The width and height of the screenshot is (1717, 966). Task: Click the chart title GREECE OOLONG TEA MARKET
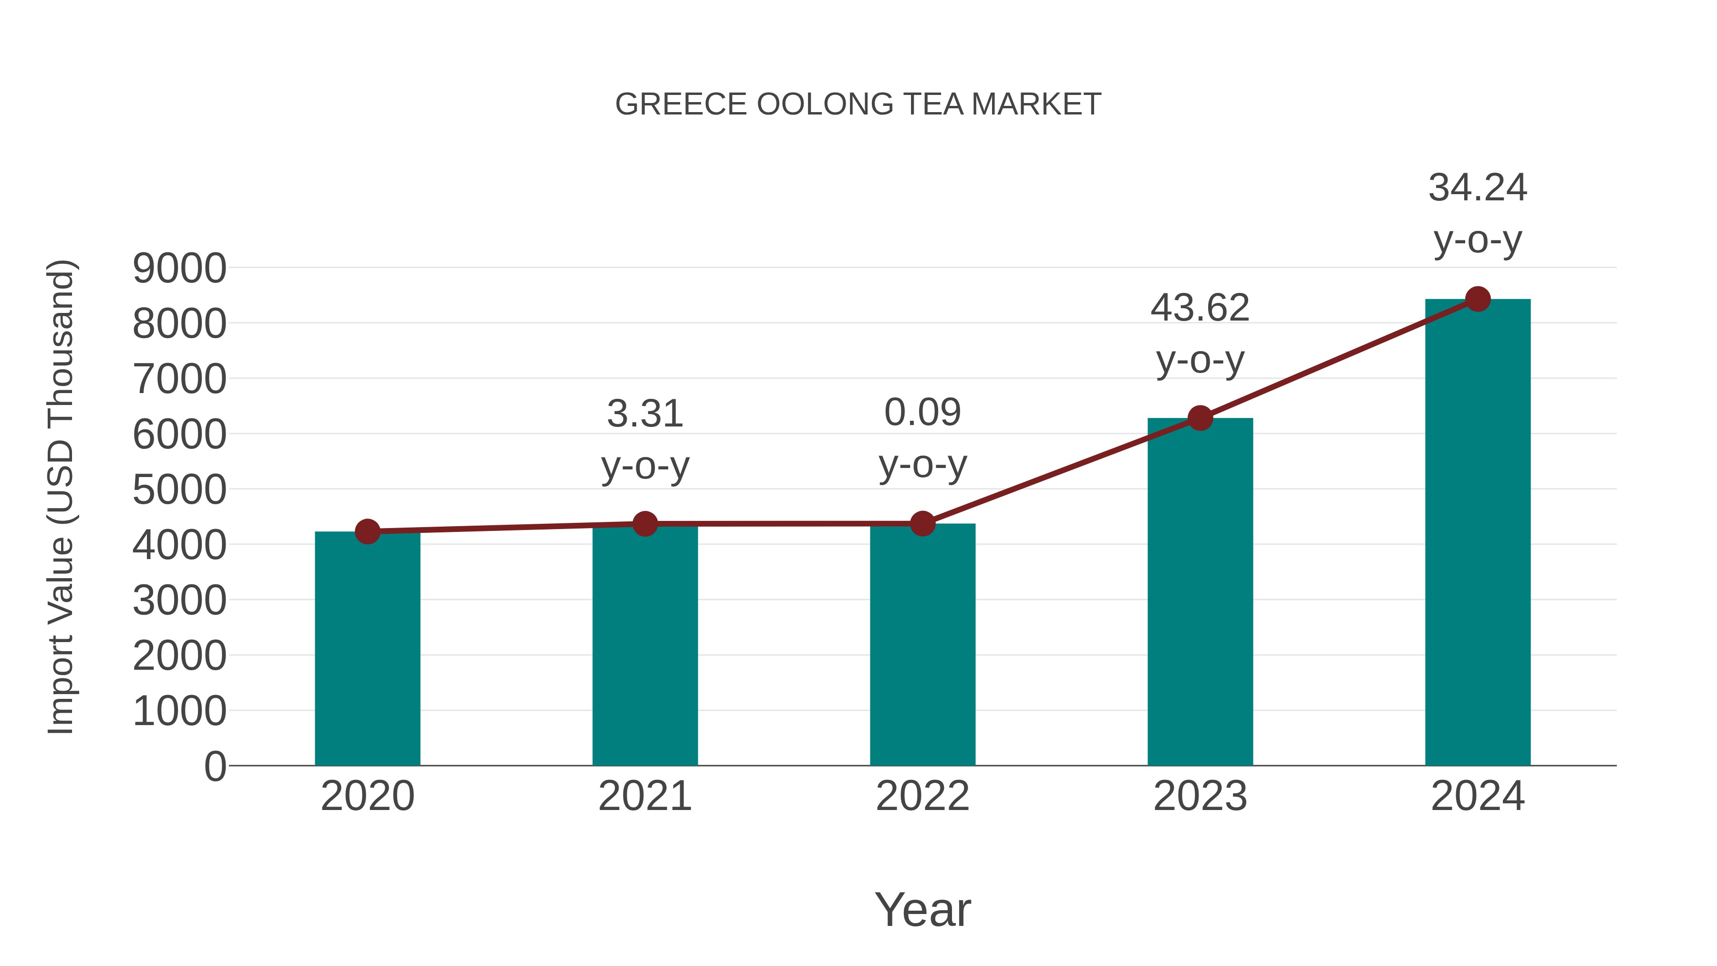(x=858, y=104)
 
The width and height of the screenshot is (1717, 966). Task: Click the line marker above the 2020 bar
(x=367, y=531)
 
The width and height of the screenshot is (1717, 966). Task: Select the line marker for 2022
(x=922, y=524)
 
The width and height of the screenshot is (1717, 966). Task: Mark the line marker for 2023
(x=1200, y=418)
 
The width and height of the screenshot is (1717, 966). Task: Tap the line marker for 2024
(x=1478, y=299)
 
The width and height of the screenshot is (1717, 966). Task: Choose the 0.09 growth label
(x=922, y=413)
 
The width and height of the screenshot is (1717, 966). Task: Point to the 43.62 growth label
(x=1200, y=308)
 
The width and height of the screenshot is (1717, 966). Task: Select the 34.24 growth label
(x=1478, y=187)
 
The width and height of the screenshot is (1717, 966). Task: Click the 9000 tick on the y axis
(x=179, y=269)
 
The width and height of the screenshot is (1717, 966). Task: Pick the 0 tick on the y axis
(x=215, y=766)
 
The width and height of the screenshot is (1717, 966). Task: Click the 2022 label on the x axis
(x=922, y=796)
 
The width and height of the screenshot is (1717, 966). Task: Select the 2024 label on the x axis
(x=1478, y=796)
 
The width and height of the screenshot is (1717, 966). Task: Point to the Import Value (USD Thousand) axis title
(x=61, y=497)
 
